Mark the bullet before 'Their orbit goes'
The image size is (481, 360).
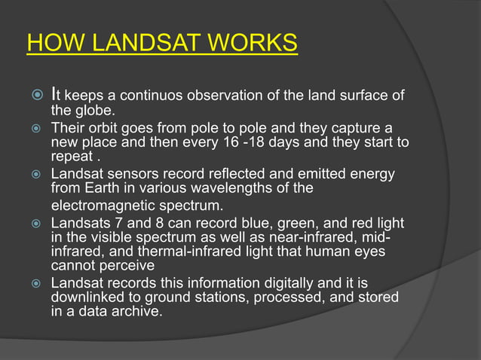tap(33, 129)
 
